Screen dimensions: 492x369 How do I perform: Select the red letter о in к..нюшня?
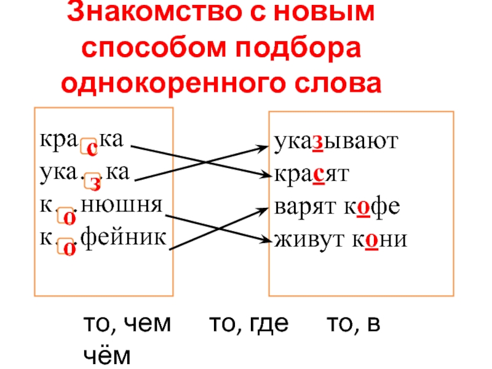click(68, 217)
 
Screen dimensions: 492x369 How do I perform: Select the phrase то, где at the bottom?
click(249, 325)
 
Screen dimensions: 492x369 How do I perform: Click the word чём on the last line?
click(106, 355)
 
